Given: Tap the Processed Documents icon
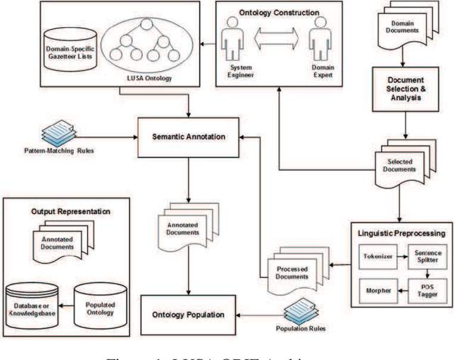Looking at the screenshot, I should click(292, 273).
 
